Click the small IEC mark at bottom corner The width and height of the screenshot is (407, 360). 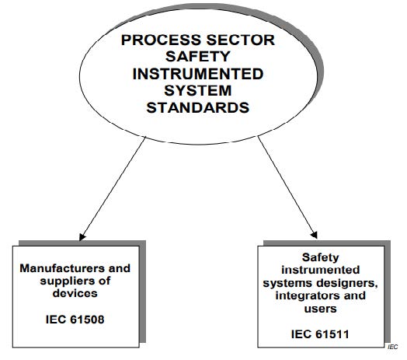[x=393, y=347]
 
